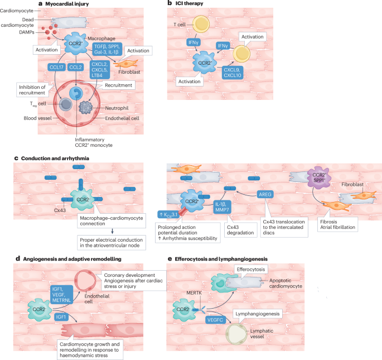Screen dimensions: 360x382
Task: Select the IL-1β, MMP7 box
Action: pyautogui.click(x=223, y=207)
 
